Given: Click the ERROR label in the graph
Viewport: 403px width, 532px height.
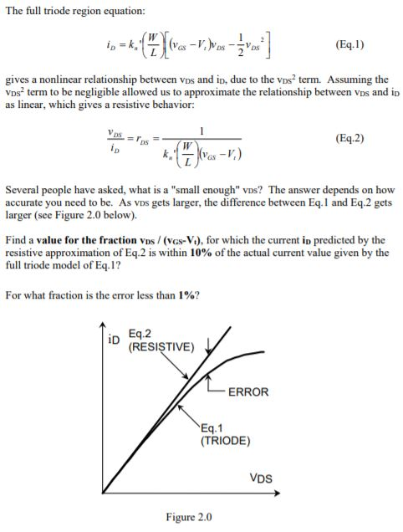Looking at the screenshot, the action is point(248,391).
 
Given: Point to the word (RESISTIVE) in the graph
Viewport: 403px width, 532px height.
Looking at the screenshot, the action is point(162,346).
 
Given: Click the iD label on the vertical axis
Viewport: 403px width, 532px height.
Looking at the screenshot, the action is point(116,340).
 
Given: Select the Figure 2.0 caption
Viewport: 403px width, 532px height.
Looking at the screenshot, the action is point(188,516).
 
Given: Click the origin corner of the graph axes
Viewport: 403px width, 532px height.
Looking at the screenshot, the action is point(103,492).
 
